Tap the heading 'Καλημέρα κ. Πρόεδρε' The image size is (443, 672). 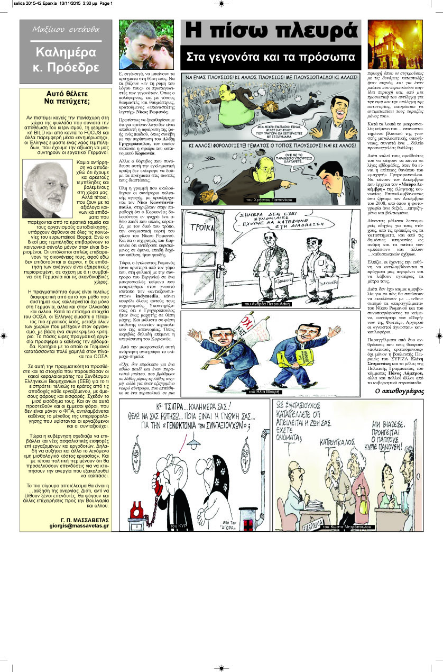click(66, 60)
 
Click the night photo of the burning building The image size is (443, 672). click(395, 44)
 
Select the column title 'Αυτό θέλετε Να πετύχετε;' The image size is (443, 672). click(66, 97)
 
